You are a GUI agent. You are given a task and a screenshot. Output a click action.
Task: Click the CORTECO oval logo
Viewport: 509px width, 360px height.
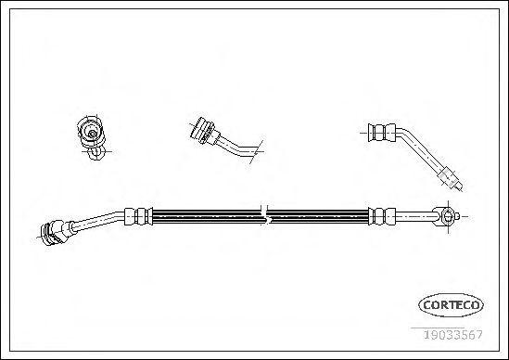[451, 304]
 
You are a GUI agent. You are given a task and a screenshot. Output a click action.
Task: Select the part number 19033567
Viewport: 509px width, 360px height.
[453, 334]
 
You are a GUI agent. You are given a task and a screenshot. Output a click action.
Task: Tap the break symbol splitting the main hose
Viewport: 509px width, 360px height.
[265, 214]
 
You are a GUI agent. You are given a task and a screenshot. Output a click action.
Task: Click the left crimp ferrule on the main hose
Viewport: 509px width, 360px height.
[139, 216]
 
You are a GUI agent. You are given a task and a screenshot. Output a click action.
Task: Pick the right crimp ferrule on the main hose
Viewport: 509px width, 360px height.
[382, 216]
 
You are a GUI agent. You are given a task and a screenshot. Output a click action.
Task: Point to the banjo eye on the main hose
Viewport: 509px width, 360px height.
[447, 216]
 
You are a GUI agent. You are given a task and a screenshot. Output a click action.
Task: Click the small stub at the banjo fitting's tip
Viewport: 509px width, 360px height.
[457, 216]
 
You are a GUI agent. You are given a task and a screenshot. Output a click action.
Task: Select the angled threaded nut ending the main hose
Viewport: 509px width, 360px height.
[55, 231]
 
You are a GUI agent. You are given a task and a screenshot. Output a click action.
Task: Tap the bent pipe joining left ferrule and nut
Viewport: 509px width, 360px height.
[97, 221]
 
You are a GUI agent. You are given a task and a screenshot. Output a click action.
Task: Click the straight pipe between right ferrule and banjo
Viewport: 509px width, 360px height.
[414, 216]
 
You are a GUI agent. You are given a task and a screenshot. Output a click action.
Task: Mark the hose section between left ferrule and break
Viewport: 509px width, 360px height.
[207, 216]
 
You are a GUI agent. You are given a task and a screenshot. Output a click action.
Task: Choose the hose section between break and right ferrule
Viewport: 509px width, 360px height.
[319, 216]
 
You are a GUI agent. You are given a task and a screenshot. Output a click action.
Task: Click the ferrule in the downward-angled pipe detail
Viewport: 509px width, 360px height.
[382, 133]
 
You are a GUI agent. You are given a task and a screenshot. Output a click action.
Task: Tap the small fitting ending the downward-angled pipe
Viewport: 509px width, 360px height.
[450, 179]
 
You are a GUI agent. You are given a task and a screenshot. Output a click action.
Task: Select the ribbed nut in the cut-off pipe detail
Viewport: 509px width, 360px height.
[202, 130]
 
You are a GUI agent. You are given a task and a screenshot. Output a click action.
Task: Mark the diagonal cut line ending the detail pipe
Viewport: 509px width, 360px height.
[256, 152]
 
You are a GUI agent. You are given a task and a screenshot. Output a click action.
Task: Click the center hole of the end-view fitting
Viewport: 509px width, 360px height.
[92, 134]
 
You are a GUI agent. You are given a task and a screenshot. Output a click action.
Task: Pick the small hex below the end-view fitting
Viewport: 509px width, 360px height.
[96, 153]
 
